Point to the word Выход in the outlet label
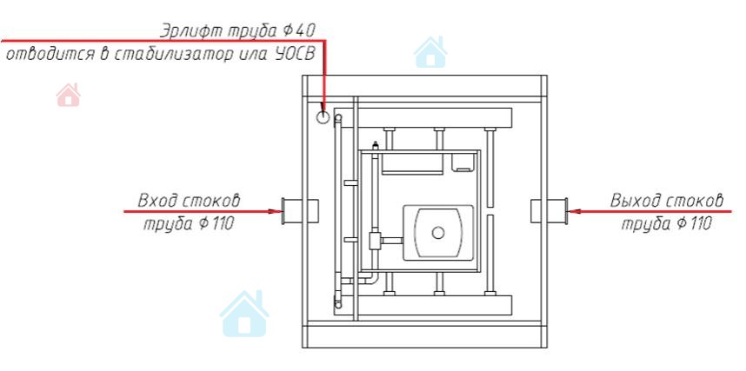point(636,202)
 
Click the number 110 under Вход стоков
point(219,224)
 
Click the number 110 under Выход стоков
point(696,224)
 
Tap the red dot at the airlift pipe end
point(323,116)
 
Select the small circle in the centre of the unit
point(438,232)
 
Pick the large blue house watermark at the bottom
point(244,314)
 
